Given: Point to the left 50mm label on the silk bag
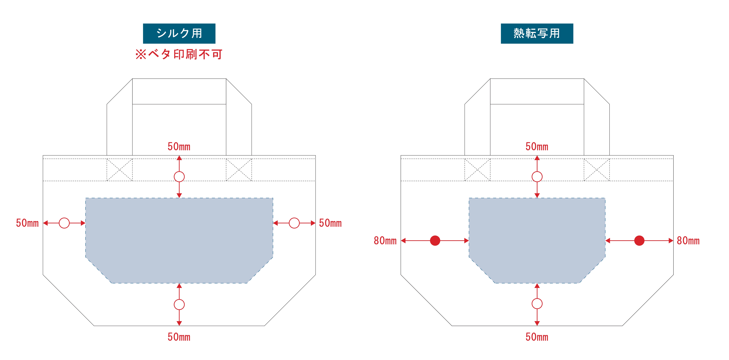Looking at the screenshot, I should click(x=27, y=223).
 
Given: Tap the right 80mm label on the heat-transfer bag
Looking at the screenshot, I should click(x=688, y=241).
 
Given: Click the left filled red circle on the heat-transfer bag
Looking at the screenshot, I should click(x=435, y=241).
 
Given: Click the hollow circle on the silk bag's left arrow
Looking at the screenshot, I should click(x=64, y=223).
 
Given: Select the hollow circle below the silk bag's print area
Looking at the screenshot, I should click(x=179, y=305).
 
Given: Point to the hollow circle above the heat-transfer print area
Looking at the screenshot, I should click(x=537, y=177).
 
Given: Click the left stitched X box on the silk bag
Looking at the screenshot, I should click(x=119, y=170).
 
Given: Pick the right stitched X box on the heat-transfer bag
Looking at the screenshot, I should click(x=597, y=170).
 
